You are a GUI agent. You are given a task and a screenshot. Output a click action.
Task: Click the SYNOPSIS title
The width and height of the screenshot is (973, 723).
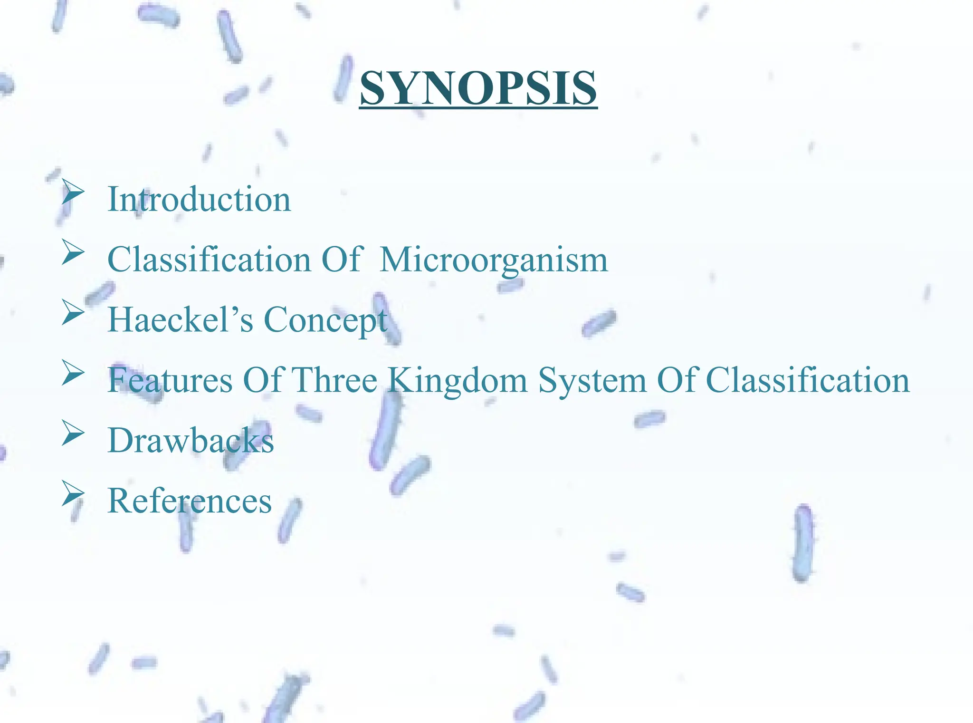pyautogui.click(x=478, y=88)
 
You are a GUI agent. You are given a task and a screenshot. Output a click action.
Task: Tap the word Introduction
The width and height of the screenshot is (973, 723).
pyautogui.click(x=199, y=199)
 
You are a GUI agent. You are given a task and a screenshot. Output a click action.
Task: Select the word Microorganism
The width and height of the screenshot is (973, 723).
pyautogui.click(x=494, y=260)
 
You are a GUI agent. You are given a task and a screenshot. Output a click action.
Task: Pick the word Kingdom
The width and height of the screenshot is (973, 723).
pyautogui.click(x=458, y=381)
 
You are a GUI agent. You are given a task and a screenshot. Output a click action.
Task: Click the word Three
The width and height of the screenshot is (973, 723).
pyautogui.click(x=334, y=380)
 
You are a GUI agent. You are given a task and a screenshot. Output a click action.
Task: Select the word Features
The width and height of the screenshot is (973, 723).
pyautogui.click(x=170, y=380)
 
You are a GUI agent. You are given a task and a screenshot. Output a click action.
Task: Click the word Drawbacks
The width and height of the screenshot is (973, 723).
pyautogui.click(x=191, y=441)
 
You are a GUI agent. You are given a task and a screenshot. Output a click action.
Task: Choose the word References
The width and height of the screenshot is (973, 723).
pyautogui.click(x=190, y=501)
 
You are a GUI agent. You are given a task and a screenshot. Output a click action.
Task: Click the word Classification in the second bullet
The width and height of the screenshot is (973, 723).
pyautogui.click(x=209, y=260)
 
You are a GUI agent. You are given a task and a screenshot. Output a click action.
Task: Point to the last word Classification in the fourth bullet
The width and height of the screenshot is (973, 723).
pyautogui.click(x=808, y=380)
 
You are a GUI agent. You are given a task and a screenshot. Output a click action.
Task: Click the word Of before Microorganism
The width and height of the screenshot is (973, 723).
pyautogui.click(x=342, y=260)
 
